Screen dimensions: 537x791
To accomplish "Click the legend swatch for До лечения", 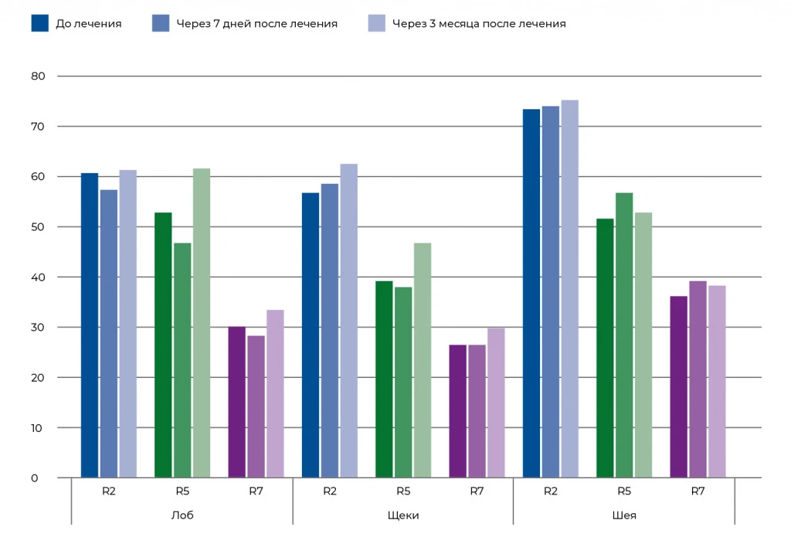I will [40, 23].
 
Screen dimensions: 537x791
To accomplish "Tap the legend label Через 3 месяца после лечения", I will [478, 24].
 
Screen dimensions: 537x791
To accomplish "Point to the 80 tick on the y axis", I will [39, 76].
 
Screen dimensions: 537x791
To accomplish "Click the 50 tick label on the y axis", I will [39, 227].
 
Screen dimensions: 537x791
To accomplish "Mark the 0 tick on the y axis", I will [35, 478].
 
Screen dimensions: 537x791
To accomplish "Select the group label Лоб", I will [182, 515].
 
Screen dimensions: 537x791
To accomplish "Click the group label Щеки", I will [403, 515].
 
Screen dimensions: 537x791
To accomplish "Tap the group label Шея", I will [624, 515].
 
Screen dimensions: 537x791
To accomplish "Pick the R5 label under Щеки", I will [403, 491].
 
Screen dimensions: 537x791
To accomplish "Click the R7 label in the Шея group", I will [698, 491].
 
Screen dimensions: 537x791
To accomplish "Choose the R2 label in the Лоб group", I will [109, 491].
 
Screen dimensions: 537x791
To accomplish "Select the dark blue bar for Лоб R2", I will [90, 325].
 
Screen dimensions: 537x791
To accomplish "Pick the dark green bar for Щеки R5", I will [384, 379].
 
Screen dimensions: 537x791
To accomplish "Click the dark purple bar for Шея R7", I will [678, 386].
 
